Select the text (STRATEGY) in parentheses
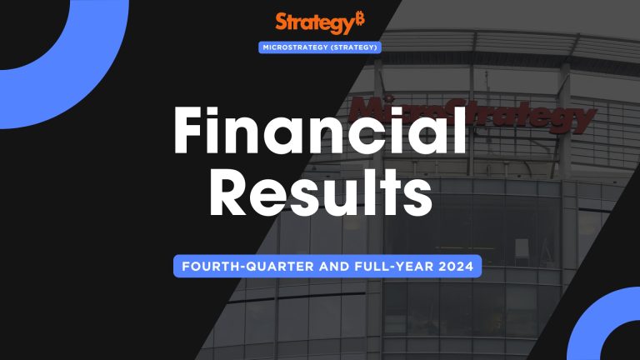tap(353, 47)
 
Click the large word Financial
tap(319, 133)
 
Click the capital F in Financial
tap(191, 133)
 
